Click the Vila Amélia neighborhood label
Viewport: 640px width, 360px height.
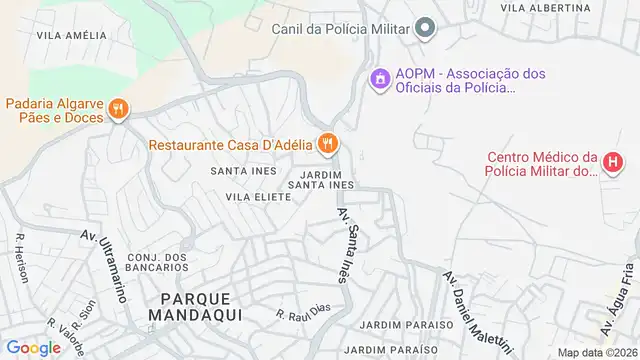point(71,34)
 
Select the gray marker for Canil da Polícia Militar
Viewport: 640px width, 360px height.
point(426,28)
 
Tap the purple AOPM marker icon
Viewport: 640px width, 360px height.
point(380,77)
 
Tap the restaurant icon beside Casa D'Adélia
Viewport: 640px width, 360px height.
point(326,144)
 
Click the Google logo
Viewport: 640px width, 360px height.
point(33,347)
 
